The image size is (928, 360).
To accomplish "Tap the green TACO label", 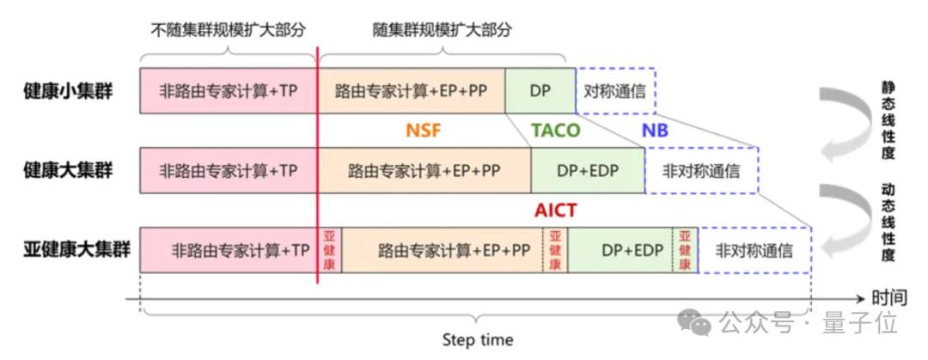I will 555,131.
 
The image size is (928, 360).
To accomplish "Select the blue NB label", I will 655,131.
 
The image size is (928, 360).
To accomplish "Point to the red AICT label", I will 555,211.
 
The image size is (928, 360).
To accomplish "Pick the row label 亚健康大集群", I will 76,250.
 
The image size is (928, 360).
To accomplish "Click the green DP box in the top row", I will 540,91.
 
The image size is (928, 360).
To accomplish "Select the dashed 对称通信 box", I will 614,91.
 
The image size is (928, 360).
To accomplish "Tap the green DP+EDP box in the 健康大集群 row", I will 587,170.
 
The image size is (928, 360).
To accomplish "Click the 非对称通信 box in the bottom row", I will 754,251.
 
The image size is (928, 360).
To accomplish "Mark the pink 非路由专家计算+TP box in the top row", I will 229,91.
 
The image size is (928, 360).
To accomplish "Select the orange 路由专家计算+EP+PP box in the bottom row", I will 442,251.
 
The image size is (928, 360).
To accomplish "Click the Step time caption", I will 478,339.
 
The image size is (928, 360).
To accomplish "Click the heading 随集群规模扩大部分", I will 442,29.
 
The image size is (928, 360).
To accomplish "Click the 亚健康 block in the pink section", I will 329,251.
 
